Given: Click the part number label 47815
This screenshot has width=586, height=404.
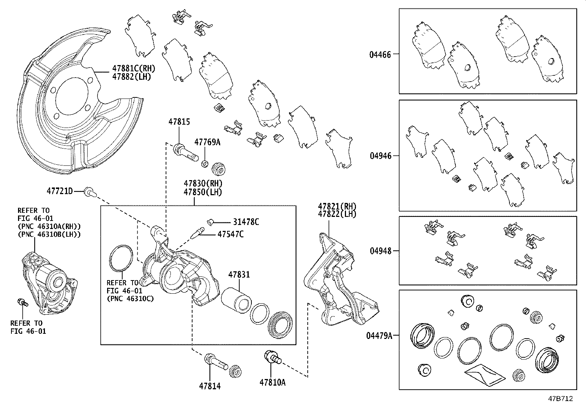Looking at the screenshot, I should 179,122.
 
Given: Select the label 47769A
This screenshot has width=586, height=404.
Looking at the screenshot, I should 207,142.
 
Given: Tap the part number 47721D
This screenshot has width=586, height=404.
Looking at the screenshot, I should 60,191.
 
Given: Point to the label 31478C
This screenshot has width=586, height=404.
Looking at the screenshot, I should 246,222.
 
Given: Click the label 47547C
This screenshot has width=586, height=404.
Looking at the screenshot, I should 230,234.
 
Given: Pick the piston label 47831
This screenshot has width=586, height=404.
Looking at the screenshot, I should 239,275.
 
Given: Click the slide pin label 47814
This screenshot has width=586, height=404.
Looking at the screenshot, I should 210,386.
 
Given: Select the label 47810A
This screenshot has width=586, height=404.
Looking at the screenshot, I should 272,382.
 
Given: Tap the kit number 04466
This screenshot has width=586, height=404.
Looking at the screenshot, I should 380,54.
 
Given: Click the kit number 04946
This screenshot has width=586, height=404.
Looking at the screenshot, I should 380,156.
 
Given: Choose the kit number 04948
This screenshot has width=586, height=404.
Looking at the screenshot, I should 380,251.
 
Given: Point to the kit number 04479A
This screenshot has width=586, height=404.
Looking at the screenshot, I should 379,335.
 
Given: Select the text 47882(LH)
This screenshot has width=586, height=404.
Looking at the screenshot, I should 132,77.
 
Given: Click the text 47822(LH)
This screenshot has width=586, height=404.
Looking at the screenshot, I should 337,214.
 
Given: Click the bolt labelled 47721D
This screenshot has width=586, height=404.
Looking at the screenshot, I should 89,191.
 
